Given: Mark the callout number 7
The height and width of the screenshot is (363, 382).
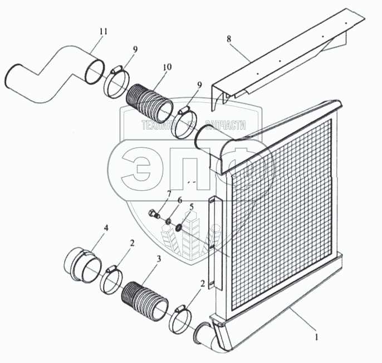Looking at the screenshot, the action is pos(153,194).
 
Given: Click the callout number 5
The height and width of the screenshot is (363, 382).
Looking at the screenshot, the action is pos(192,207).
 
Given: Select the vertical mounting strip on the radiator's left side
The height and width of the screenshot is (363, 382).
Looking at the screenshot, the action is pos(215,245).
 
